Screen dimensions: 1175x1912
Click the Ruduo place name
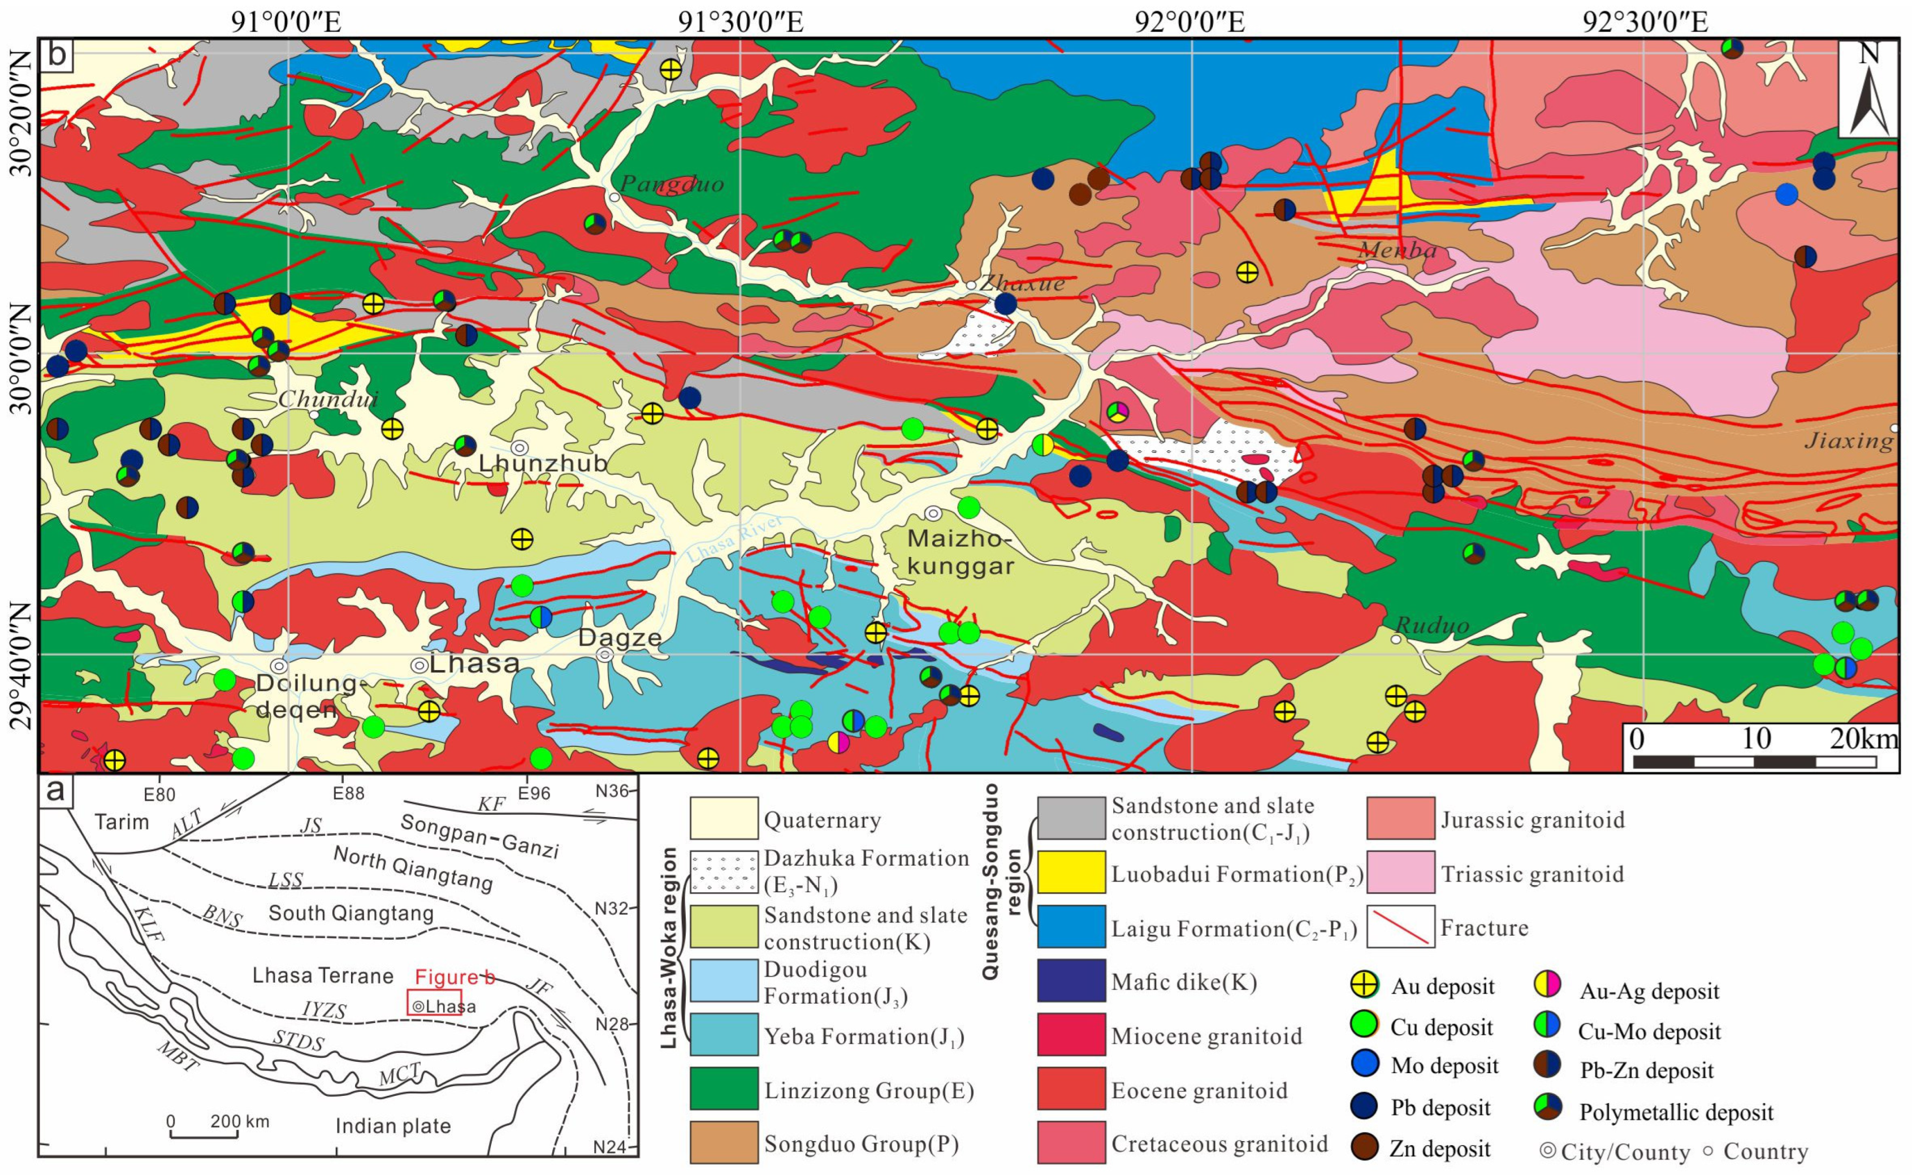coord(1432,625)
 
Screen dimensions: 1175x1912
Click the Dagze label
coord(620,638)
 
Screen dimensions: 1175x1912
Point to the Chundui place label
coord(327,399)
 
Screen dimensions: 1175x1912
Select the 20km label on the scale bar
coord(1863,738)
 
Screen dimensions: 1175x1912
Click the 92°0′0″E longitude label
coord(1189,21)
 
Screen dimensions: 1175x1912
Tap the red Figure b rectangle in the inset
coord(434,1003)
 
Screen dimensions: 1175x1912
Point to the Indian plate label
coord(392,1126)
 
